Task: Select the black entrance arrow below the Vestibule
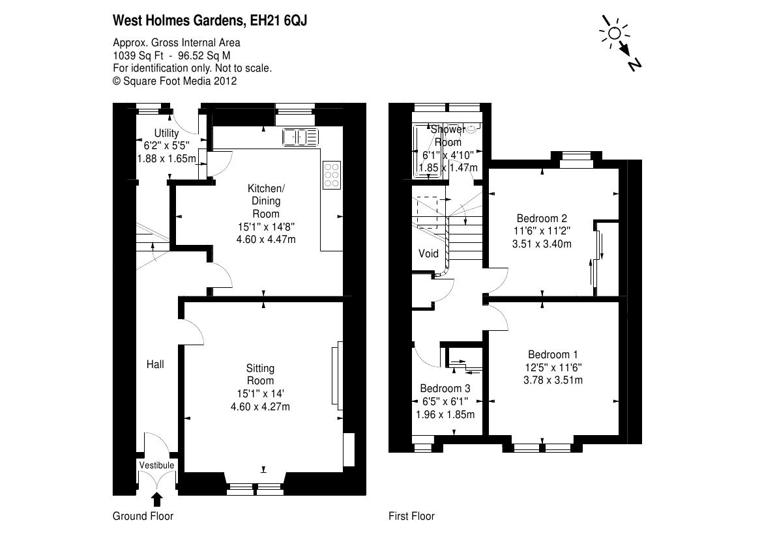coord(156,499)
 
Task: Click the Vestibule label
coord(156,465)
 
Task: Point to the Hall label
coord(154,365)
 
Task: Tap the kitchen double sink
coord(300,137)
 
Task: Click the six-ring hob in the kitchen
coord(331,175)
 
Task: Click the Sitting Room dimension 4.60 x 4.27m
coord(260,407)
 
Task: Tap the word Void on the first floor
coord(428,253)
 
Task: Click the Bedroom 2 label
coord(542,218)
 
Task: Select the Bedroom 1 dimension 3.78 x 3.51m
coord(553,380)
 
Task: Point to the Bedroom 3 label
coord(445,388)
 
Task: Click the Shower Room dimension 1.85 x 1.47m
coord(448,167)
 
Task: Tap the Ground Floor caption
coord(143,517)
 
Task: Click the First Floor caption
coord(411,517)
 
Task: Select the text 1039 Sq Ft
coord(133,55)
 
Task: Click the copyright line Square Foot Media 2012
coord(175,81)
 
